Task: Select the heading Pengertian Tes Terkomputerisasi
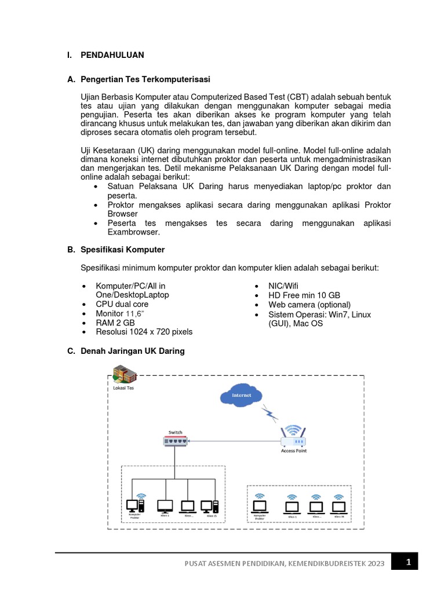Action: pyautogui.click(x=145, y=79)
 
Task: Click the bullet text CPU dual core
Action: pyautogui.click(x=122, y=304)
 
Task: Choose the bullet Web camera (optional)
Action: pyautogui.click(x=309, y=305)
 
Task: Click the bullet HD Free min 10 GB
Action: pyautogui.click(x=304, y=295)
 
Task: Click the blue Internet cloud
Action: pyautogui.click(x=242, y=396)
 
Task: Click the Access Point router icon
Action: pyautogui.click(x=293, y=435)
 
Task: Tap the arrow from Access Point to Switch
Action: pyautogui.click(x=232, y=442)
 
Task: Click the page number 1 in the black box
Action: pyautogui.click(x=407, y=562)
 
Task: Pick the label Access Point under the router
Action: pyautogui.click(x=293, y=451)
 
